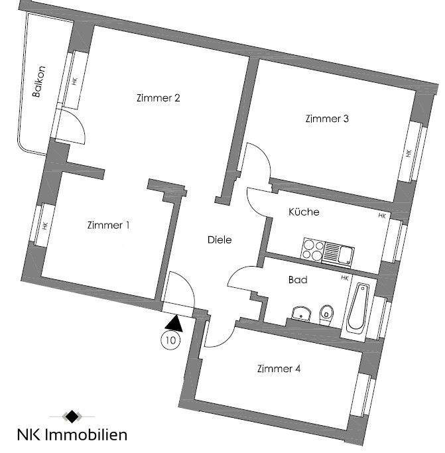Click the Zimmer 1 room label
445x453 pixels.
[x=108, y=226]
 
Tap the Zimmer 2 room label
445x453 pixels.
[x=159, y=99]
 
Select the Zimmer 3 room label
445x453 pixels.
[x=327, y=119]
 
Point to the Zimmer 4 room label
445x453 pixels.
[x=279, y=369]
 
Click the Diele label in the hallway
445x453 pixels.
[x=220, y=240]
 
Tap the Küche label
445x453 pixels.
[x=304, y=213]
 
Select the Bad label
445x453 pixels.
[x=298, y=280]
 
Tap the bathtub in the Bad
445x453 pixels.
[x=358, y=308]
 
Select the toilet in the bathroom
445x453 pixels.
[x=326, y=314]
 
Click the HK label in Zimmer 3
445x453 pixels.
[x=409, y=153]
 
